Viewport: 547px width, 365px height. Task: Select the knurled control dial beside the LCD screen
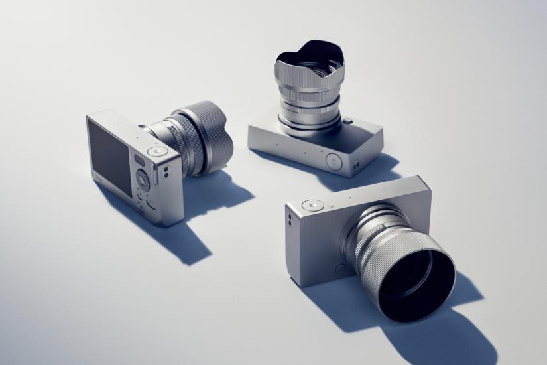[143, 179]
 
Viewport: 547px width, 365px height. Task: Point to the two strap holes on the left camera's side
[166, 172]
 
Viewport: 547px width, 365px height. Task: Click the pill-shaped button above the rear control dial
[139, 160]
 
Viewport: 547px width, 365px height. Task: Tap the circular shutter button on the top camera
[334, 159]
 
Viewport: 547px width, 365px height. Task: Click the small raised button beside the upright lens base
[347, 121]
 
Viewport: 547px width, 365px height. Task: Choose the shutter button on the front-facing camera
[309, 206]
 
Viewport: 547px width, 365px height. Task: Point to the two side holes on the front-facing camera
[289, 218]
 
